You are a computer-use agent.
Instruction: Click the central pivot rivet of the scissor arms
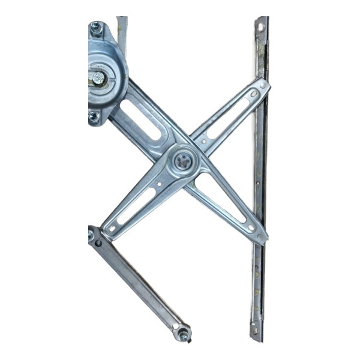[183, 161]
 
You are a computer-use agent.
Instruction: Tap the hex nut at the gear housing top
[97, 27]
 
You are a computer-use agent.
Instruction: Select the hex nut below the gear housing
[94, 116]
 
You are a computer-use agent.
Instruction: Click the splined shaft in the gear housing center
[98, 78]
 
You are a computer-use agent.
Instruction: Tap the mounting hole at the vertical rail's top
[260, 27]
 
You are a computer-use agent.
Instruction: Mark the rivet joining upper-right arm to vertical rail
[262, 86]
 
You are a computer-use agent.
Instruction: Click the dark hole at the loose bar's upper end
[98, 242]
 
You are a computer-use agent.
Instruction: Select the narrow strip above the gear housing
[122, 33]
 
